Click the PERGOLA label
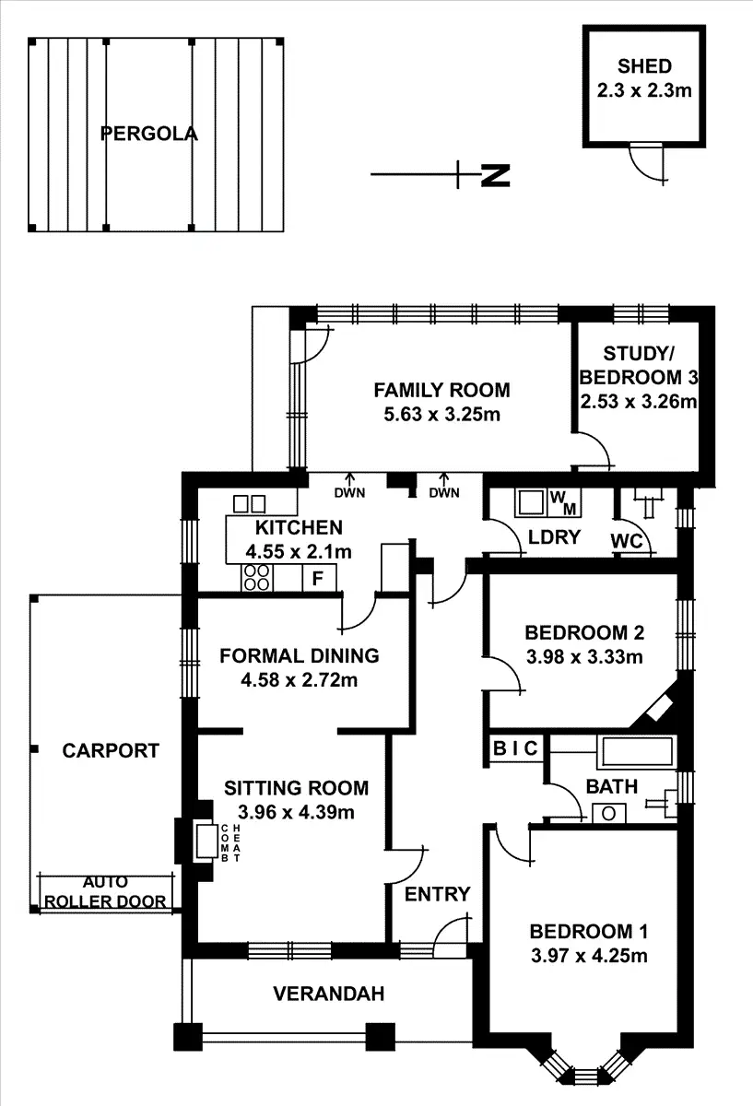148,134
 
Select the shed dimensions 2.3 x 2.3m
644,90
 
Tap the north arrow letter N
496,175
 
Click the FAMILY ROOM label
441,390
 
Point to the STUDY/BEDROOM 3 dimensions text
638,401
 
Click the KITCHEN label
299,528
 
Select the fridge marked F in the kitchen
318,579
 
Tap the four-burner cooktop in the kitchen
257,578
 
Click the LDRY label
554,536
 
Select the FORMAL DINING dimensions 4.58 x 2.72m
300,681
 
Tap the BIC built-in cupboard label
515,748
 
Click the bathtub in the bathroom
637,752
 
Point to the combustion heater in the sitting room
202,841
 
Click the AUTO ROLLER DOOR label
106,892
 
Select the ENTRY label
438,894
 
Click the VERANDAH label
328,994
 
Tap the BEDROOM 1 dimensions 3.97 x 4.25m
590,955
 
